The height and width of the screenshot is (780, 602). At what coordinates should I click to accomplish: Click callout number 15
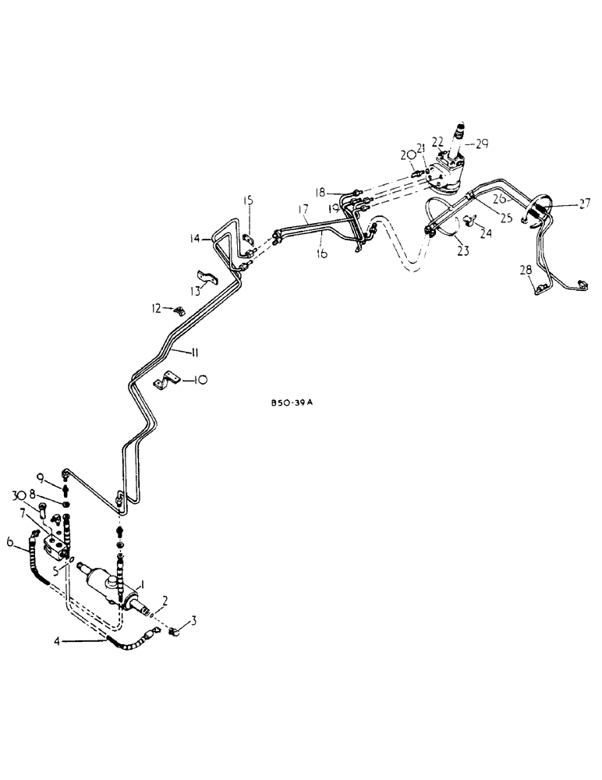pyautogui.click(x=247, y=202)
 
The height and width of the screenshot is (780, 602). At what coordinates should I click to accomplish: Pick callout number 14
pyautogui.click(x=194, y=239)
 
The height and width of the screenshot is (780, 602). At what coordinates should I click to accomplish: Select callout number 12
pyautogui.click(x=158, y=309)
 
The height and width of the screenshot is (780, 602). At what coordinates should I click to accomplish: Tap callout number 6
pyautogui.click(x=10, y=543)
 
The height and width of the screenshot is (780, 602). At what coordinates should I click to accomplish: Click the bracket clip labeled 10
pyautogui.click(x=168, y=383)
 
